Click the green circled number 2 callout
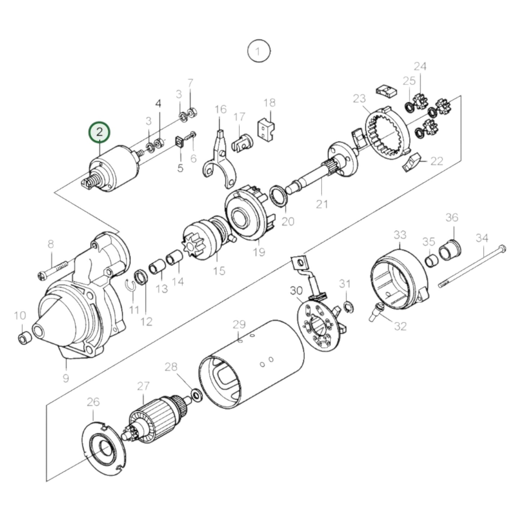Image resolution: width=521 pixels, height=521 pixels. (99, 132)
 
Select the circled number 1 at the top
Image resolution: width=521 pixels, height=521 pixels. (258, 52)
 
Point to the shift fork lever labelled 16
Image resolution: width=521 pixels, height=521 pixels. (220, 159)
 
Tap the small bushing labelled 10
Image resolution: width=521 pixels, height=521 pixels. (24, 338)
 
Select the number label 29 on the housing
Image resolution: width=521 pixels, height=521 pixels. (239, 324)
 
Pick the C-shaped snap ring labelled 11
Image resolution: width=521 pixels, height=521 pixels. (132, 285)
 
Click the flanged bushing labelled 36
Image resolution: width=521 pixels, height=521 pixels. (450, 249)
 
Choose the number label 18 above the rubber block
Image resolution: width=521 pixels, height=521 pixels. (269, 103)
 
